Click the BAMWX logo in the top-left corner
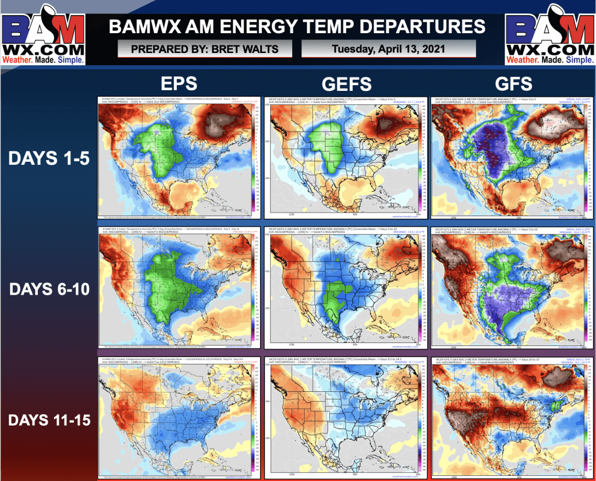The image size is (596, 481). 44,35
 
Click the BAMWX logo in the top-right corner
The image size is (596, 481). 549,35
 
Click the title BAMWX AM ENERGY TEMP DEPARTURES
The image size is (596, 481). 297,26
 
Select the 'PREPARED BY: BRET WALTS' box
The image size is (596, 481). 205,49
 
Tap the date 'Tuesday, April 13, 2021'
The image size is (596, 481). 389,49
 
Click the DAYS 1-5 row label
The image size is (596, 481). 49,158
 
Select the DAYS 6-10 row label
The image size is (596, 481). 49,289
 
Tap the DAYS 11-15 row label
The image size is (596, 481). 49,419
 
